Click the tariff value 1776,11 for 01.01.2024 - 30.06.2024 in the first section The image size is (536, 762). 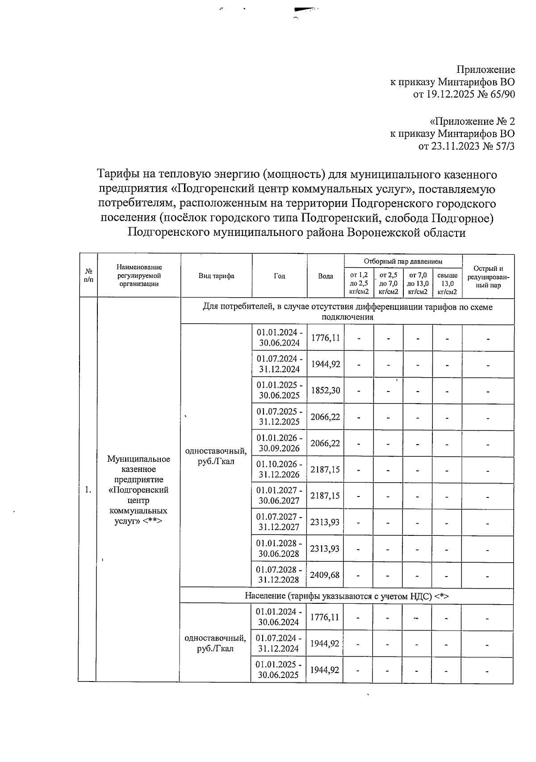point(325,338)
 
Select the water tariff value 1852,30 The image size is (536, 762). point(325,391)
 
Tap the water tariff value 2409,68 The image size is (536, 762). point(325,575)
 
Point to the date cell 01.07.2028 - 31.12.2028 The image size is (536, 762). point(279,575)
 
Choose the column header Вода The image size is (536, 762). point(326,276)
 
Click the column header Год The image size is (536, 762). point(280,276)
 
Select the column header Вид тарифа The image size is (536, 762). point(216,276)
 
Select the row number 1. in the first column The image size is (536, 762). point(88,490)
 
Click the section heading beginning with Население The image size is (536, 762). point(347,596)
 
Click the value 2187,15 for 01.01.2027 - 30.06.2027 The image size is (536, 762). point(325,496)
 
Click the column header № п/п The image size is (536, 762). point(88,276)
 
